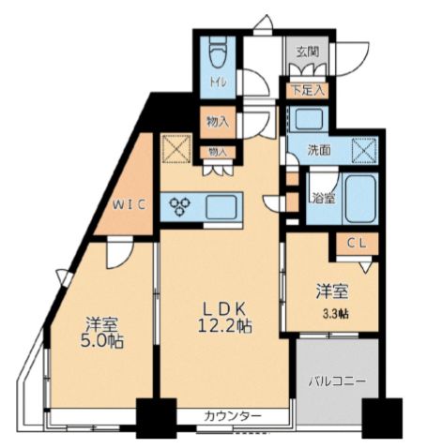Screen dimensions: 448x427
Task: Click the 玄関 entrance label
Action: pyautogui.click(x=309, y=52)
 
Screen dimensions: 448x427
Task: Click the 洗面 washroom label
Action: pyautogui.click(x=320, y=149)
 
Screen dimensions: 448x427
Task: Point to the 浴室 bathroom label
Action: pyautogui.click(x=323, y=198)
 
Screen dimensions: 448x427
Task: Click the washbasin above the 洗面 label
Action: pyautogui.click(x=306, y=119)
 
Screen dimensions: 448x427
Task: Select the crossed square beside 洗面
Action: pyautogui.click(x=363, y=150)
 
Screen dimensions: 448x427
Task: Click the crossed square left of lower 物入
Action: pyautogui.click(x=176, y=148)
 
